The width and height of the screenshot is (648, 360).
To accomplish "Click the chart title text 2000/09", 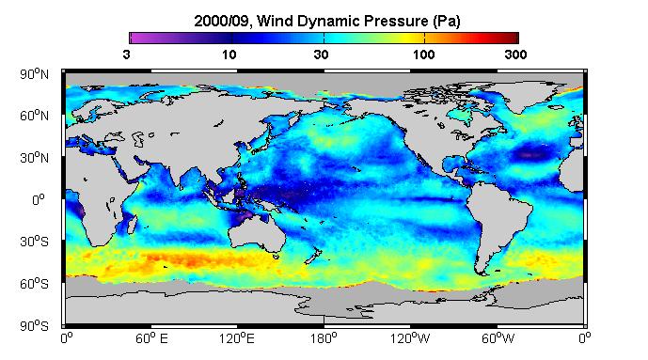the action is click(222, 21).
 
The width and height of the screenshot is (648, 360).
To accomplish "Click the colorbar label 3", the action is click(126, 55).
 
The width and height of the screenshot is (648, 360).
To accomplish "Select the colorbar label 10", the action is click(229, 55).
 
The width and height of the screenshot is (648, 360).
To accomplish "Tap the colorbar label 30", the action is click(321, 55).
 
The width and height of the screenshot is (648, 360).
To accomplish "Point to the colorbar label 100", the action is click(423, 55).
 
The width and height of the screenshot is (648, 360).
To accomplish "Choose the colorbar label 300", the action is click(515, 55).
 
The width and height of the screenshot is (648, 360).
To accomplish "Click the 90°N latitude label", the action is click(34, 74).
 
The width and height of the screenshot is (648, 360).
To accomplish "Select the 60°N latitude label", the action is click(34, 116).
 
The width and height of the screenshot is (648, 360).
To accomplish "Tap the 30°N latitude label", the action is click(34, 158).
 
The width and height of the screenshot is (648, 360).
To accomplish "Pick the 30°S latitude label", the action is click(34, 242).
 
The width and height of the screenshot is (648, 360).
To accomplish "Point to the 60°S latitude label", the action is click(34, 284).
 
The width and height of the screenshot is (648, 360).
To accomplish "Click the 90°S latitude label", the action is click(34, 326).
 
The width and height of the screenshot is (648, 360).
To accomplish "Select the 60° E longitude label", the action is click(151, 338).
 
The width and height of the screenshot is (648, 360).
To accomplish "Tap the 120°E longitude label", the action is click(237, 338).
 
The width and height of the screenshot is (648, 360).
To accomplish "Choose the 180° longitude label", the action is click(324, 338).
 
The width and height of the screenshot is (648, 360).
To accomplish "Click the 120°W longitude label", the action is click(410, 338).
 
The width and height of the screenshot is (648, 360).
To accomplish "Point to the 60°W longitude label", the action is click(498, 338).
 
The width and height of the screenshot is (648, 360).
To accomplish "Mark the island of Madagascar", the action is click(132, 223).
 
